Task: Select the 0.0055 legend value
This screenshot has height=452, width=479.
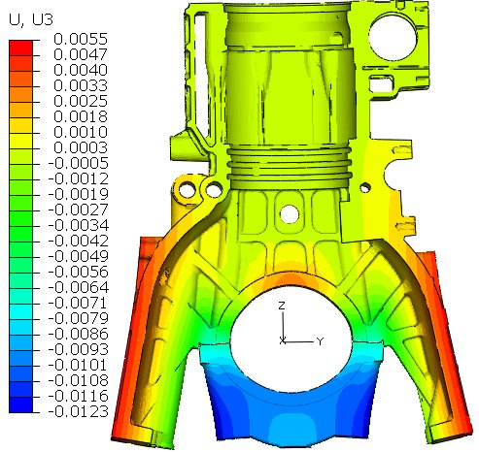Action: tap(80, 38)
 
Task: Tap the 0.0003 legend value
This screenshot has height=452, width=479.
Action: tap(80, 146)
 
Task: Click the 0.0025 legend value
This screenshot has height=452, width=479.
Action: tap(80, 100)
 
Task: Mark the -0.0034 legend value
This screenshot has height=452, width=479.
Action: tap(77, 224)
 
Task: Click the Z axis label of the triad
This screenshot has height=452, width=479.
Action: tap(280, 306)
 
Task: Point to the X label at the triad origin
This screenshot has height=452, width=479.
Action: tap(282, 341)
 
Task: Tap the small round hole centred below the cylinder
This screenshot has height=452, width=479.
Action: tap(288, 210)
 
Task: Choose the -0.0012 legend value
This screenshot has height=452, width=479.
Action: tap(77, 178)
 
